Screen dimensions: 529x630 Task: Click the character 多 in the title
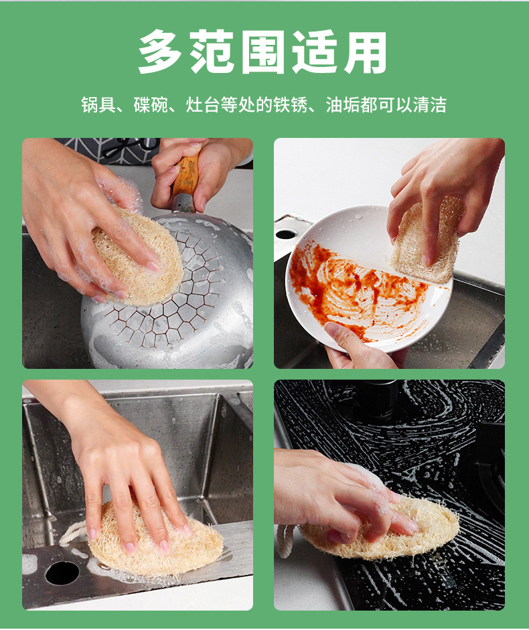click(x=159, y=52)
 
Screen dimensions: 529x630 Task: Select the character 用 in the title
click(x=365, y=52)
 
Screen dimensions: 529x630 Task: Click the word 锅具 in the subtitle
click(x=98, y=105)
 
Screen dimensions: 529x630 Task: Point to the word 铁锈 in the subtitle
click(x=291, y=105)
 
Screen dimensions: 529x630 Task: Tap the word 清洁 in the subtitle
click(x=430, y=105)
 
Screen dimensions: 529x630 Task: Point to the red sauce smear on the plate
click(x=354, y=289)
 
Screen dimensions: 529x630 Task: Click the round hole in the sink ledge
click(x=62, y=573)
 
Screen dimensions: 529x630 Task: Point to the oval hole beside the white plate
click(x=286, y=234)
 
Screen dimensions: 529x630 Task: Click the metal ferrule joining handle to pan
click(x=183, y=203)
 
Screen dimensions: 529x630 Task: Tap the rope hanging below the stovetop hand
click(x=285, y=541)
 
